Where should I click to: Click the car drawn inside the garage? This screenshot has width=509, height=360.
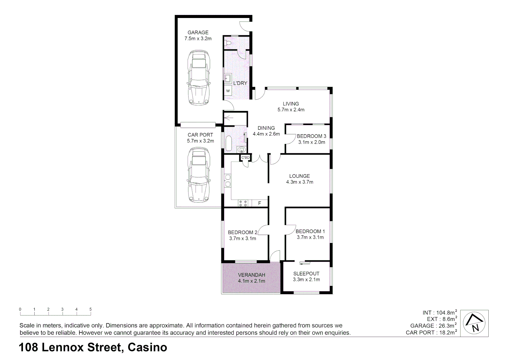199,78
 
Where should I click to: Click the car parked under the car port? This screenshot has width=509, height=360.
199,175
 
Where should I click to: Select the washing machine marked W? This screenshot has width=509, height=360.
228,91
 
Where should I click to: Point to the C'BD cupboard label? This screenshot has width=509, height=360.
246,157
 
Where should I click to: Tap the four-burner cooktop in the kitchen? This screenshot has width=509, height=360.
243,203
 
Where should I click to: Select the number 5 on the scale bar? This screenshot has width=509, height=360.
91,309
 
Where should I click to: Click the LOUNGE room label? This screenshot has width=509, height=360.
299,176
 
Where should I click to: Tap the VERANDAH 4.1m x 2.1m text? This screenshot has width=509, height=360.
252,278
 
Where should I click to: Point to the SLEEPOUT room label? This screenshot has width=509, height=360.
306,274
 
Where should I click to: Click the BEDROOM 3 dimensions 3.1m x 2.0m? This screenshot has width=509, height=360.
311,142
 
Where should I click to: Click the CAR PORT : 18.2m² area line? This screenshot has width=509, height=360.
431,332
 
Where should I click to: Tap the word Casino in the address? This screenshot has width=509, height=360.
147,348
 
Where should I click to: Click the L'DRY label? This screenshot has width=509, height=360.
240,83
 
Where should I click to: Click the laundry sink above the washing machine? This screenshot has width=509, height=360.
228,78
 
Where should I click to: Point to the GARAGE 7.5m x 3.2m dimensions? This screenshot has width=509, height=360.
198,38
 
